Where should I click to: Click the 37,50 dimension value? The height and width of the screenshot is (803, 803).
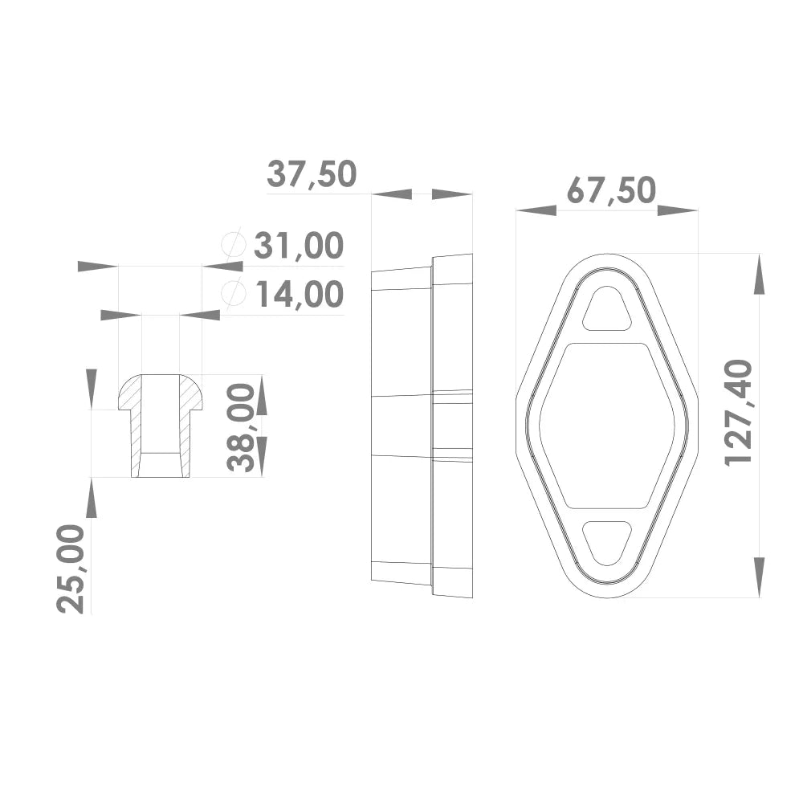(312, 174)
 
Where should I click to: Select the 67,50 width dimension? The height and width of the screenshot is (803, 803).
(611, 191)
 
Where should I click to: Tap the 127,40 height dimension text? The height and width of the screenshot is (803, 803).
(740, 412)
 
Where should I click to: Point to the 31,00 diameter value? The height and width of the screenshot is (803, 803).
(299, 246)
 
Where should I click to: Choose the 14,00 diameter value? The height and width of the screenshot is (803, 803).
(300, 295)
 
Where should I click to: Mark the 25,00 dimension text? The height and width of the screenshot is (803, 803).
(71, 569)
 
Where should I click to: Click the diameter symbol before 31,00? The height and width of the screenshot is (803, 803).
(232, 245)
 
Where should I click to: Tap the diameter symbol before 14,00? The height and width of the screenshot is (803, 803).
(233, 294)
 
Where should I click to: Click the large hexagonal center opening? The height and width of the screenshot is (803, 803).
(607, 426)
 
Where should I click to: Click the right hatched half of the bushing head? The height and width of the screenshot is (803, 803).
(190, 393)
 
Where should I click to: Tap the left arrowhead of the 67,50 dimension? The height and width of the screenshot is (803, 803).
(536, 210)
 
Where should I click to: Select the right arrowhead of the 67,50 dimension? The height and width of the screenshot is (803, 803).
(678, 210)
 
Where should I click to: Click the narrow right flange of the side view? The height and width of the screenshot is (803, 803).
(453, 426)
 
